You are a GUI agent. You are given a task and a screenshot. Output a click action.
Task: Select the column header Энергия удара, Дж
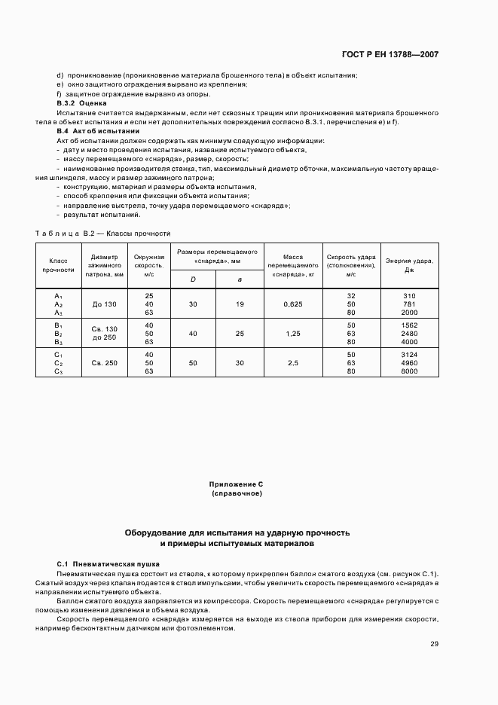(x=409, y=264)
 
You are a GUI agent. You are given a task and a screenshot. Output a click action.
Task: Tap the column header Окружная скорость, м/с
(x=148, y=264)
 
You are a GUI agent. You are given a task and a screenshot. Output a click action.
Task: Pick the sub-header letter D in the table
(x=194, y=279)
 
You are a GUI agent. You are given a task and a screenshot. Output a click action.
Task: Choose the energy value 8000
(x=409, y=371)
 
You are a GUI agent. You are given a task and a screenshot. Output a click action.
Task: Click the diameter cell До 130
(x=105, y=304)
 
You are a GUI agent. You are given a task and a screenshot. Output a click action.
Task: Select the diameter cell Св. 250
(x=105, y=363)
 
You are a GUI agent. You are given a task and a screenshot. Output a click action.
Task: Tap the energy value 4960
(x=409, y=363)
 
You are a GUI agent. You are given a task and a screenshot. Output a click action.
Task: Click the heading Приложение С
(x=237, y=484)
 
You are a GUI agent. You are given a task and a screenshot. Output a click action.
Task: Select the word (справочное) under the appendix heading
(x=237, y=493)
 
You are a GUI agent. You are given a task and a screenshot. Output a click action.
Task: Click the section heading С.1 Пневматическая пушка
(x=108, y=563)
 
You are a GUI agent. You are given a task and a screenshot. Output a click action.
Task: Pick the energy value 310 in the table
(x=409, y=295)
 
